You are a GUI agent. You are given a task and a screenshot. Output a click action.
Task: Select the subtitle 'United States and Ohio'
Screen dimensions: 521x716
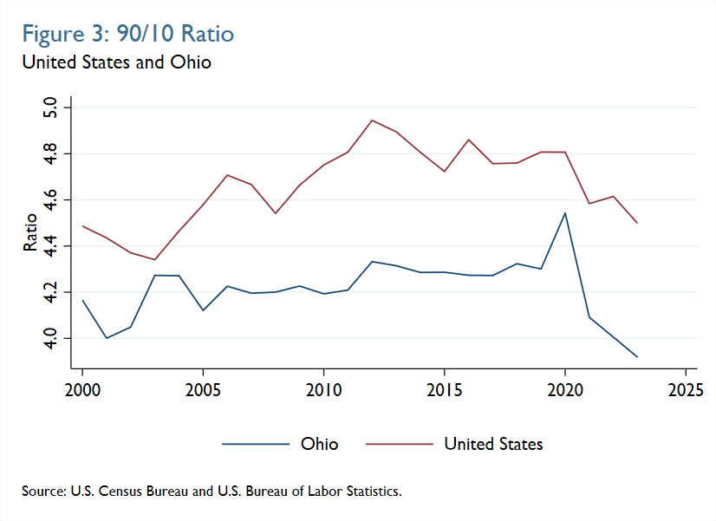coord(116,62)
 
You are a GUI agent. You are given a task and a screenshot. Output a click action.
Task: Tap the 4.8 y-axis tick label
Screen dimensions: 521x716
coord(49,154)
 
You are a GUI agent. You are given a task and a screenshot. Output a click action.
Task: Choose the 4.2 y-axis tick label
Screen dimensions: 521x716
coord(49,293)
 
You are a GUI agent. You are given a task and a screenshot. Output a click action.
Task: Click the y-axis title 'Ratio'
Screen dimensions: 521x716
coord(30,232)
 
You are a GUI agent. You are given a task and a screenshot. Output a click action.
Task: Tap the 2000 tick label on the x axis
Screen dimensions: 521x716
coord(82,387)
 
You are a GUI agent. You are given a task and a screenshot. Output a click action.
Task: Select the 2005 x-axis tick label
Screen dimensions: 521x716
coord(203,387)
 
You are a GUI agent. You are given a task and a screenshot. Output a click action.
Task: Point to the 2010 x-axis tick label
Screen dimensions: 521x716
coord(323,387)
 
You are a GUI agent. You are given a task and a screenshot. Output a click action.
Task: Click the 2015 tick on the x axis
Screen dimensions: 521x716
coord(444,387)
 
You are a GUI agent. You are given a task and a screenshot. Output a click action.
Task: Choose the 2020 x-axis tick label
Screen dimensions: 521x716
coord(564,387)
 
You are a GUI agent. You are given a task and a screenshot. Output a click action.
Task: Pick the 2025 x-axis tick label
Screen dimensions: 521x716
coord(685,387)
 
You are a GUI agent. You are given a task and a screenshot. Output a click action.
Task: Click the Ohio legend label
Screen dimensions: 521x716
coord(319,444)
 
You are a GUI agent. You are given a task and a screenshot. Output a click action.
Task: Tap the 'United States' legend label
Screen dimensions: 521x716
coord(493,444)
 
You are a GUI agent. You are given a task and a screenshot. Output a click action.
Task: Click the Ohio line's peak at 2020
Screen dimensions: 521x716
coord(564,213)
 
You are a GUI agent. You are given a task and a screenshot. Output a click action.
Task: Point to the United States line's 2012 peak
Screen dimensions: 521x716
coord(372,120)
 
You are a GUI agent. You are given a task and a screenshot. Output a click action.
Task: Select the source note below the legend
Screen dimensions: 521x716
coord(212,492)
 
